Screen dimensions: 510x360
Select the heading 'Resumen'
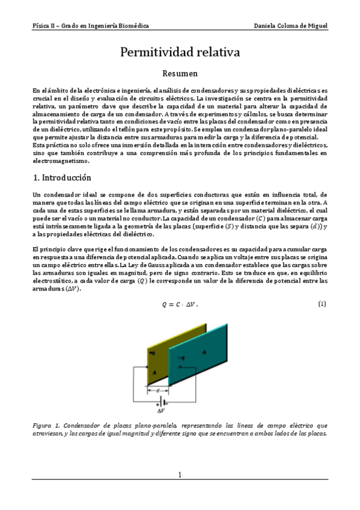tap(180, 74)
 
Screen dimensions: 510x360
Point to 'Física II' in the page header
tap(45, 26)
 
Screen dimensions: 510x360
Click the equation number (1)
tap(322, 304)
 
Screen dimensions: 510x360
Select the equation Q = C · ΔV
tap(180, 305)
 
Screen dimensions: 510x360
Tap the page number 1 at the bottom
tap(180, 475)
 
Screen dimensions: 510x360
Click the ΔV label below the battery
tap(161, 411)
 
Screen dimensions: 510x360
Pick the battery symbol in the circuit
tap(161, 403)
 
